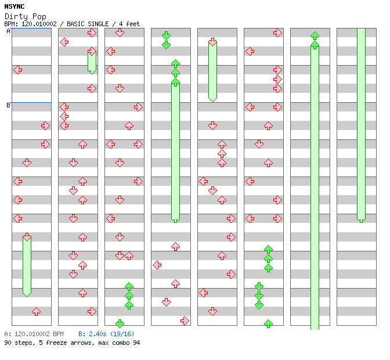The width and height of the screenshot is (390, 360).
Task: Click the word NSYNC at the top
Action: (14, 6)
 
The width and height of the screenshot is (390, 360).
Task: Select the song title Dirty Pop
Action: (26, 16)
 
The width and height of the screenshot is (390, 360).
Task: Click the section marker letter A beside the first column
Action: (8, 31)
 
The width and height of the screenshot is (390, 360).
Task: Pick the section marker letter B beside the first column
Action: (8, 105)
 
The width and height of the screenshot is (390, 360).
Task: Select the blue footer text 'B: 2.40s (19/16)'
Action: (106, 334)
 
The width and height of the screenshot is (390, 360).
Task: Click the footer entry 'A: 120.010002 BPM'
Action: (34, 334)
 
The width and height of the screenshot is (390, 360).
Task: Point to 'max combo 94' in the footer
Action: (119, 343)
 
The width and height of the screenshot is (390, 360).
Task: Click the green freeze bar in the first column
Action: (27, 266)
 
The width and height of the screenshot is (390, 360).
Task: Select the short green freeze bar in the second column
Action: (92, 61)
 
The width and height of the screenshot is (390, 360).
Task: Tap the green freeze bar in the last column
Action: (361, 125)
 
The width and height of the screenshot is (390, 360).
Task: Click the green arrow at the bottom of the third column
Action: (120, 323)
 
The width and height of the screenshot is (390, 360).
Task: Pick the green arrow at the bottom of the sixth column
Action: (268, 323)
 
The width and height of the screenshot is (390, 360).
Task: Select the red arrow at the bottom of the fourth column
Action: (185, 321)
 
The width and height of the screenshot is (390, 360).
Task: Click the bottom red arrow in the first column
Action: (36, 311)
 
